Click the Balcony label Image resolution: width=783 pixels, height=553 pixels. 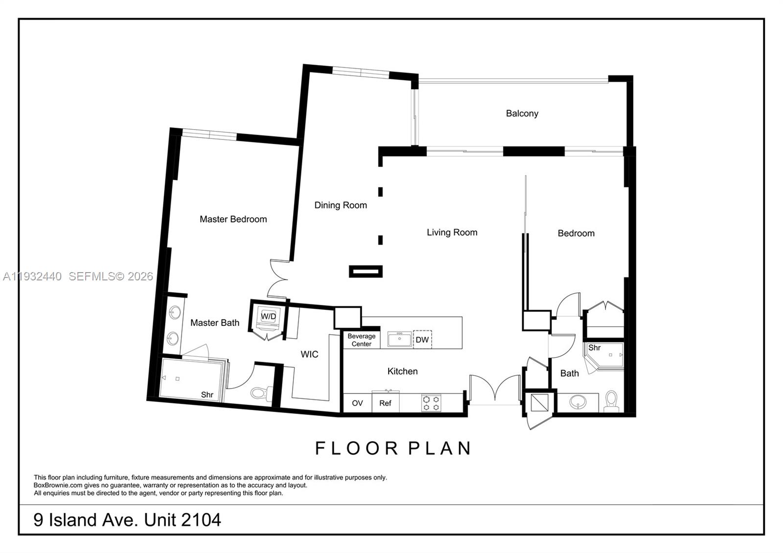(x=522, y=114)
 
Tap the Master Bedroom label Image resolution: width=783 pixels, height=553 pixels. (x=233, y=219)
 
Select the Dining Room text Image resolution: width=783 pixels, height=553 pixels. (x=340, y=205)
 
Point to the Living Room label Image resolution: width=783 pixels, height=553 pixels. (x=452, y=232)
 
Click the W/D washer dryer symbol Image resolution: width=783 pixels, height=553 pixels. (x=268, y=317)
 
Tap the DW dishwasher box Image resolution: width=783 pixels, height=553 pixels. (x=422, y=340)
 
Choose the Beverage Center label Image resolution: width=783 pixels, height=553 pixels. (x=361, y=340)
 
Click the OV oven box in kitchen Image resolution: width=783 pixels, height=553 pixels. (x=357, y=403)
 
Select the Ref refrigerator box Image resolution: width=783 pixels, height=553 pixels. (x=385, y=403)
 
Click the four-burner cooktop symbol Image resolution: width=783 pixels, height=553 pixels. (x=431, y=403)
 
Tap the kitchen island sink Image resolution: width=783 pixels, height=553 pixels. (x=399, y=339)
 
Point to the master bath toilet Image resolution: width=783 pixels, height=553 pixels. (x=260, y=392)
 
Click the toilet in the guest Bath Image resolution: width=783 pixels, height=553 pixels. (x=611, y=401)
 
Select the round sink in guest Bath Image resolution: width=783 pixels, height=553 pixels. (x=578, y=402)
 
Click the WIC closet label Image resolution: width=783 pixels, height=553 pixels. (x=309, y=354)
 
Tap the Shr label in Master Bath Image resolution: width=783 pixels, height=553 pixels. (x=207, y=395)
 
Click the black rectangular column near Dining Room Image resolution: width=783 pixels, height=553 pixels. (x=365, y=271)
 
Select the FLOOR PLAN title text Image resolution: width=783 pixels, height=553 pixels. (x=393, y=448)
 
